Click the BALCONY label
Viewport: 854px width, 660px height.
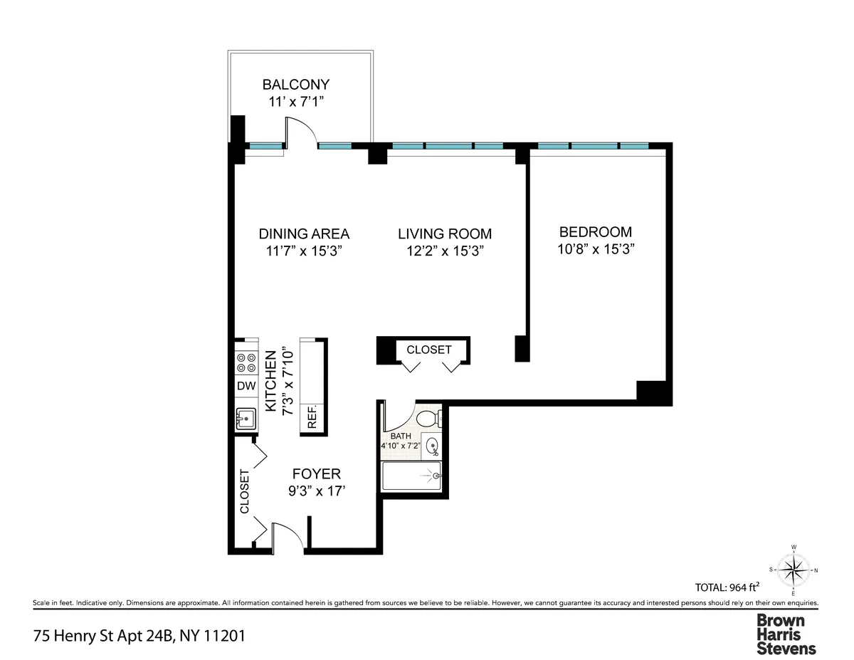click(295, 84)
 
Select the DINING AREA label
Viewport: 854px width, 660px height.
click(304, 234)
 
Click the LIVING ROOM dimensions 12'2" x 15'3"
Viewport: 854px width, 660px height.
click(445, 251)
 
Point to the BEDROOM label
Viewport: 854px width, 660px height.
click(596, 231)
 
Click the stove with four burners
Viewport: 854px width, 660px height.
click(246, 363)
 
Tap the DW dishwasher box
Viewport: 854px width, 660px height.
click(246, 386)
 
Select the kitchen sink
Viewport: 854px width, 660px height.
click(246, 419)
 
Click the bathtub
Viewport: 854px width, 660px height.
click(412, 476)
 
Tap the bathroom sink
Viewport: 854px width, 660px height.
click(432, 446)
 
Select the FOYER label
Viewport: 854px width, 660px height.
click(317, 473)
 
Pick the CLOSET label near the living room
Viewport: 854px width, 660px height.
click(428, 350)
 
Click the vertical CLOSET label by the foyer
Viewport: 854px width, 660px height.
click(244, 491)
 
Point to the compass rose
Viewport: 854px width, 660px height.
click(794, 570)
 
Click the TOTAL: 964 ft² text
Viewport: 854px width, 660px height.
click(727, 587)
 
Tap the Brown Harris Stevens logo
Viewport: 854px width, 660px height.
click(786, 634)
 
